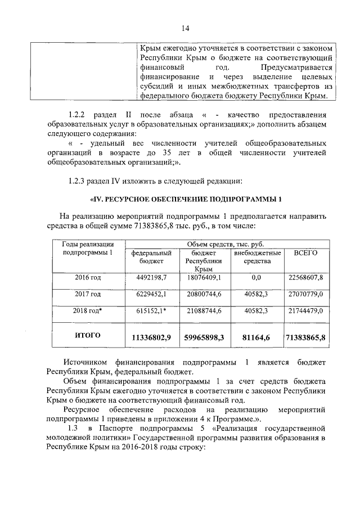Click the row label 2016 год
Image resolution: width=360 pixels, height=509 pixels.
pyautogui.click(x=88, y=278)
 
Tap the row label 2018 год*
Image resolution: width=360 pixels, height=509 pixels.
pyautogui.click(x=88, y=310)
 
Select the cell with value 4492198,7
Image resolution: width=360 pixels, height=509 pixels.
pyautogui.click(x=152, y=278)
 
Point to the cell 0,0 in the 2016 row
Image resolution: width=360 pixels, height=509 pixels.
pyautogui.click(x=256, y=278)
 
